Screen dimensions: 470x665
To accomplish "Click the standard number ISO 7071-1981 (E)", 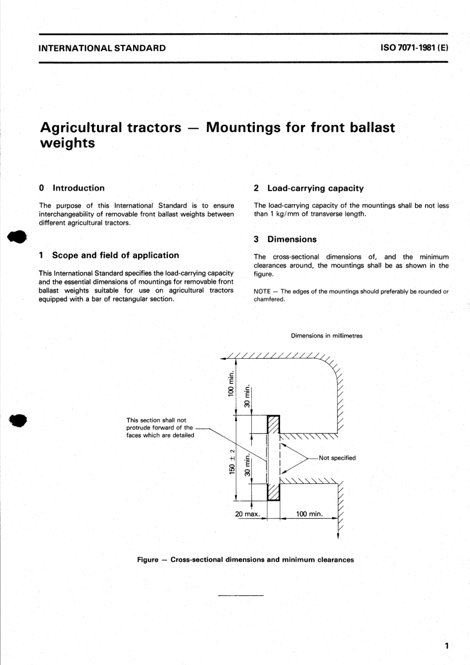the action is click(x=414, y=48).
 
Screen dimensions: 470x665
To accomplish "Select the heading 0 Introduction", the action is click(x=72, y=188).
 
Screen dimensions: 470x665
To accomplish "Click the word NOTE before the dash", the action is click(x=262, y=291).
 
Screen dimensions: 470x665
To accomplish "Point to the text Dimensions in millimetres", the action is click(x=327, y=336).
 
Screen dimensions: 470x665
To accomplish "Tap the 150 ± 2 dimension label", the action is click(x=232, y=461).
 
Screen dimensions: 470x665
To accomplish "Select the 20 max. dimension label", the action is click(x=247, y=514).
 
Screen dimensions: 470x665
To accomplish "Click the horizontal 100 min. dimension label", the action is click(x=309, y=514).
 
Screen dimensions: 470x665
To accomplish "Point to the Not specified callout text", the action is click(x=337, y=458).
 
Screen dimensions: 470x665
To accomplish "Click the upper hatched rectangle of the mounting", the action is click(x=274, y=424).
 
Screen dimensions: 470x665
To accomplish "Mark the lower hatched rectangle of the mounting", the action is click(x=274, y=492).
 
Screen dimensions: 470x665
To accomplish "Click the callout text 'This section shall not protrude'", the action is click(x=156, y=420).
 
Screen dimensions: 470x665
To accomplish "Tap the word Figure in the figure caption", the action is click(x=147, y=560).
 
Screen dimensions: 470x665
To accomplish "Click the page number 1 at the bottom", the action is click(x=446, y=645).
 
